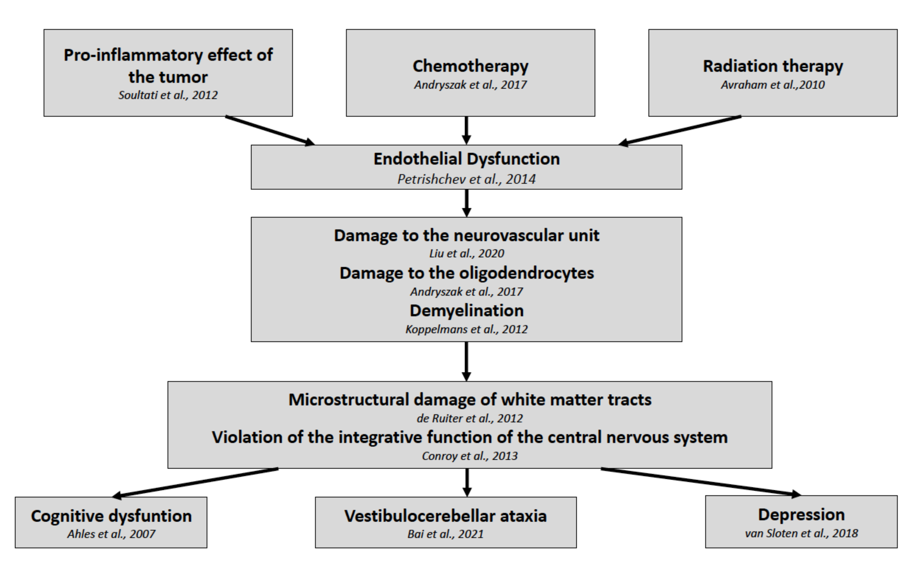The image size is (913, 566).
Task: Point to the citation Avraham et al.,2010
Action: coord(773,85)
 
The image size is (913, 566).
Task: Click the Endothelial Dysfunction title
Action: coord(466,159)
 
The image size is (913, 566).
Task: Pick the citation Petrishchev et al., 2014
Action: coord(466,179)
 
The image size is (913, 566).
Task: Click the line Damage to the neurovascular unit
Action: coord(466,235)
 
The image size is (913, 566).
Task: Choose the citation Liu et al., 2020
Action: coord(466,253)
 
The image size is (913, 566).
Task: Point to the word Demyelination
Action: coord(466,310)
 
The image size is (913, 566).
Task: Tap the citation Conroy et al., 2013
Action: coord(470,456)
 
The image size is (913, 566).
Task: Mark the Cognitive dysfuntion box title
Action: coord(111,516)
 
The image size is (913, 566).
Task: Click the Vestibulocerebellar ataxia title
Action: coord(445,516)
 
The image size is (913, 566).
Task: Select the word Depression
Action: coord(801,515)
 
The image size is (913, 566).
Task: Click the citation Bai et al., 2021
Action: coord(445,534)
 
